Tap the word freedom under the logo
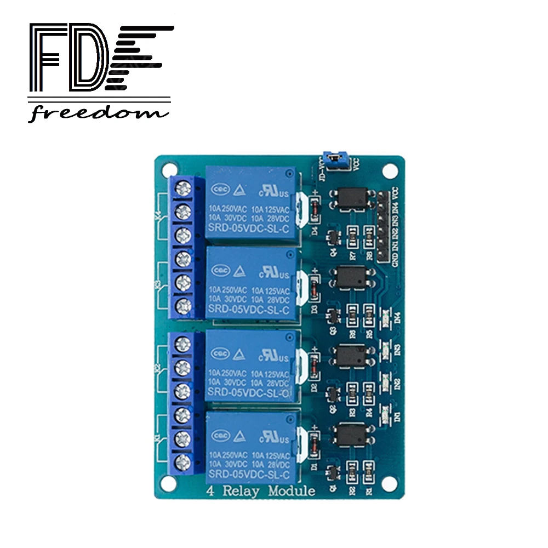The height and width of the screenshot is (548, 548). tap(98, 113)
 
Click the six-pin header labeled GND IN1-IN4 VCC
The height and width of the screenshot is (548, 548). tap(382, 226)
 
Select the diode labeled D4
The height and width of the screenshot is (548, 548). tap(315, 210)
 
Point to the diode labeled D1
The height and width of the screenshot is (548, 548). tap(315, 443)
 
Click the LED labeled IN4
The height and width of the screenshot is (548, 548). tap(385, 317)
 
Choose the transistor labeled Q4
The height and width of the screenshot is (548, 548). tap(332, 238)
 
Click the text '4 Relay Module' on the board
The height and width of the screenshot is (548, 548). tap(261, 490)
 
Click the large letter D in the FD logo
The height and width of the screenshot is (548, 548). tap(87, 59)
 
